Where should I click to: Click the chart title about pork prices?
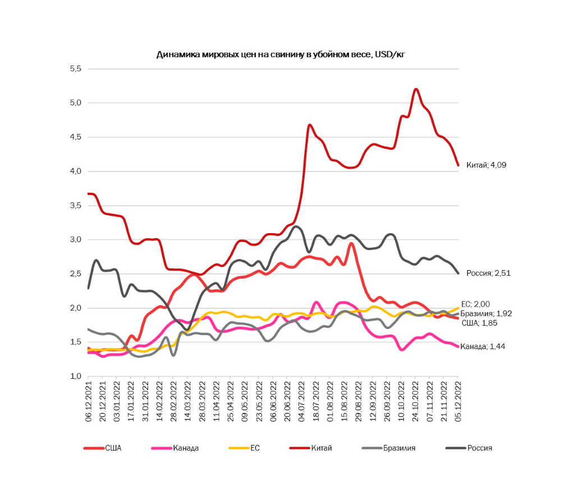pos(280,54)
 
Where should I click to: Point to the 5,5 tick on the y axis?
pos(75,69)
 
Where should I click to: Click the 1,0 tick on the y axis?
pos(75,376)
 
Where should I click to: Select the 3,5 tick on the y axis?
pos(75,206)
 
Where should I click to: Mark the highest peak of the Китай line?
pos(416,89)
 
